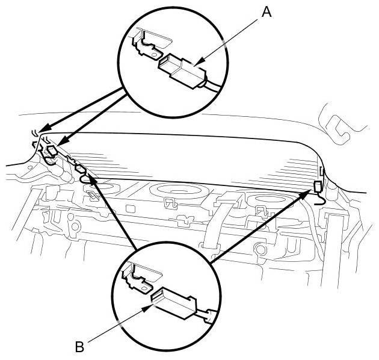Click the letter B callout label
point(79,347)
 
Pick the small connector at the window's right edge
point(318,187)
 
